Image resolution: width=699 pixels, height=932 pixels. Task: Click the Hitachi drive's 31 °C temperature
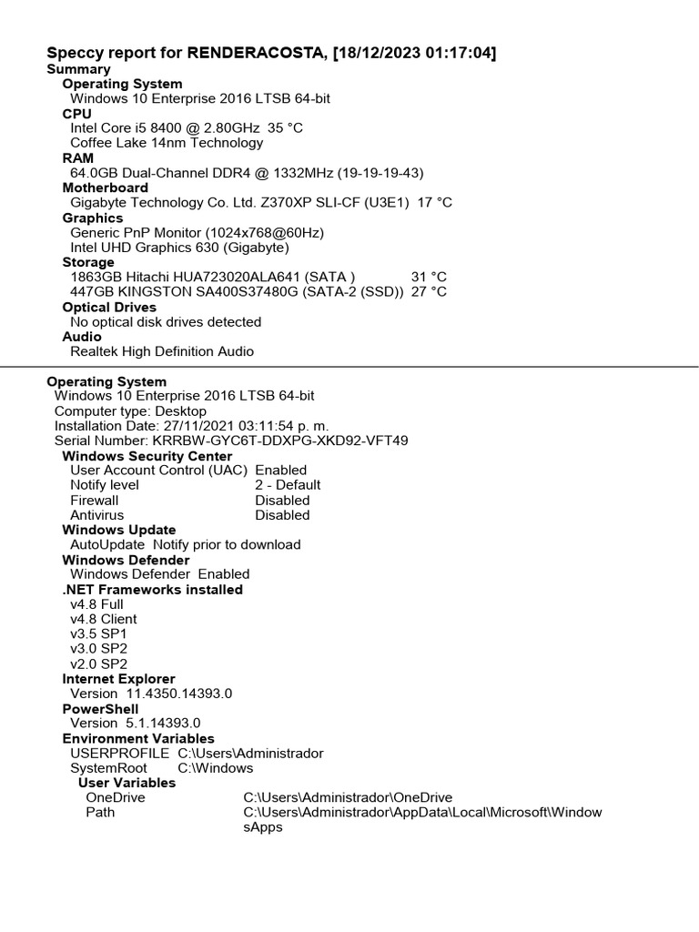(429, 277)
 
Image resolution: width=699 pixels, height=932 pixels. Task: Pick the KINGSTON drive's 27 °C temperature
(429, 291)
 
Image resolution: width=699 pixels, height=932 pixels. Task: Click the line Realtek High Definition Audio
(162, 351)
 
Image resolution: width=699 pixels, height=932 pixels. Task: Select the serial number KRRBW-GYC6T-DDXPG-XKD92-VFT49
(280, 441)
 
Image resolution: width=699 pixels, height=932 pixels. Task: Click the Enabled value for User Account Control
(281, 471)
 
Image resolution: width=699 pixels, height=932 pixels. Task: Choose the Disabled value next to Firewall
(282, 501)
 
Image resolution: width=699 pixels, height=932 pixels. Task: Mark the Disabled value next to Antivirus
(282, 515)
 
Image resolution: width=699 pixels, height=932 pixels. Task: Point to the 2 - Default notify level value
(288, 485)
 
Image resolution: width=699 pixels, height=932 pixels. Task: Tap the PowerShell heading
(100, 708)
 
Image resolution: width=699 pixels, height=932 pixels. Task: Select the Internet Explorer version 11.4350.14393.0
(179, 694)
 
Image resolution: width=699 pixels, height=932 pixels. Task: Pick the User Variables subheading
(127, 783)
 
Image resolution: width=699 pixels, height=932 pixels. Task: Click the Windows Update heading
(119, 530)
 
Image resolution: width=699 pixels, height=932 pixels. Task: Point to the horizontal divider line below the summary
(349, 367)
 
